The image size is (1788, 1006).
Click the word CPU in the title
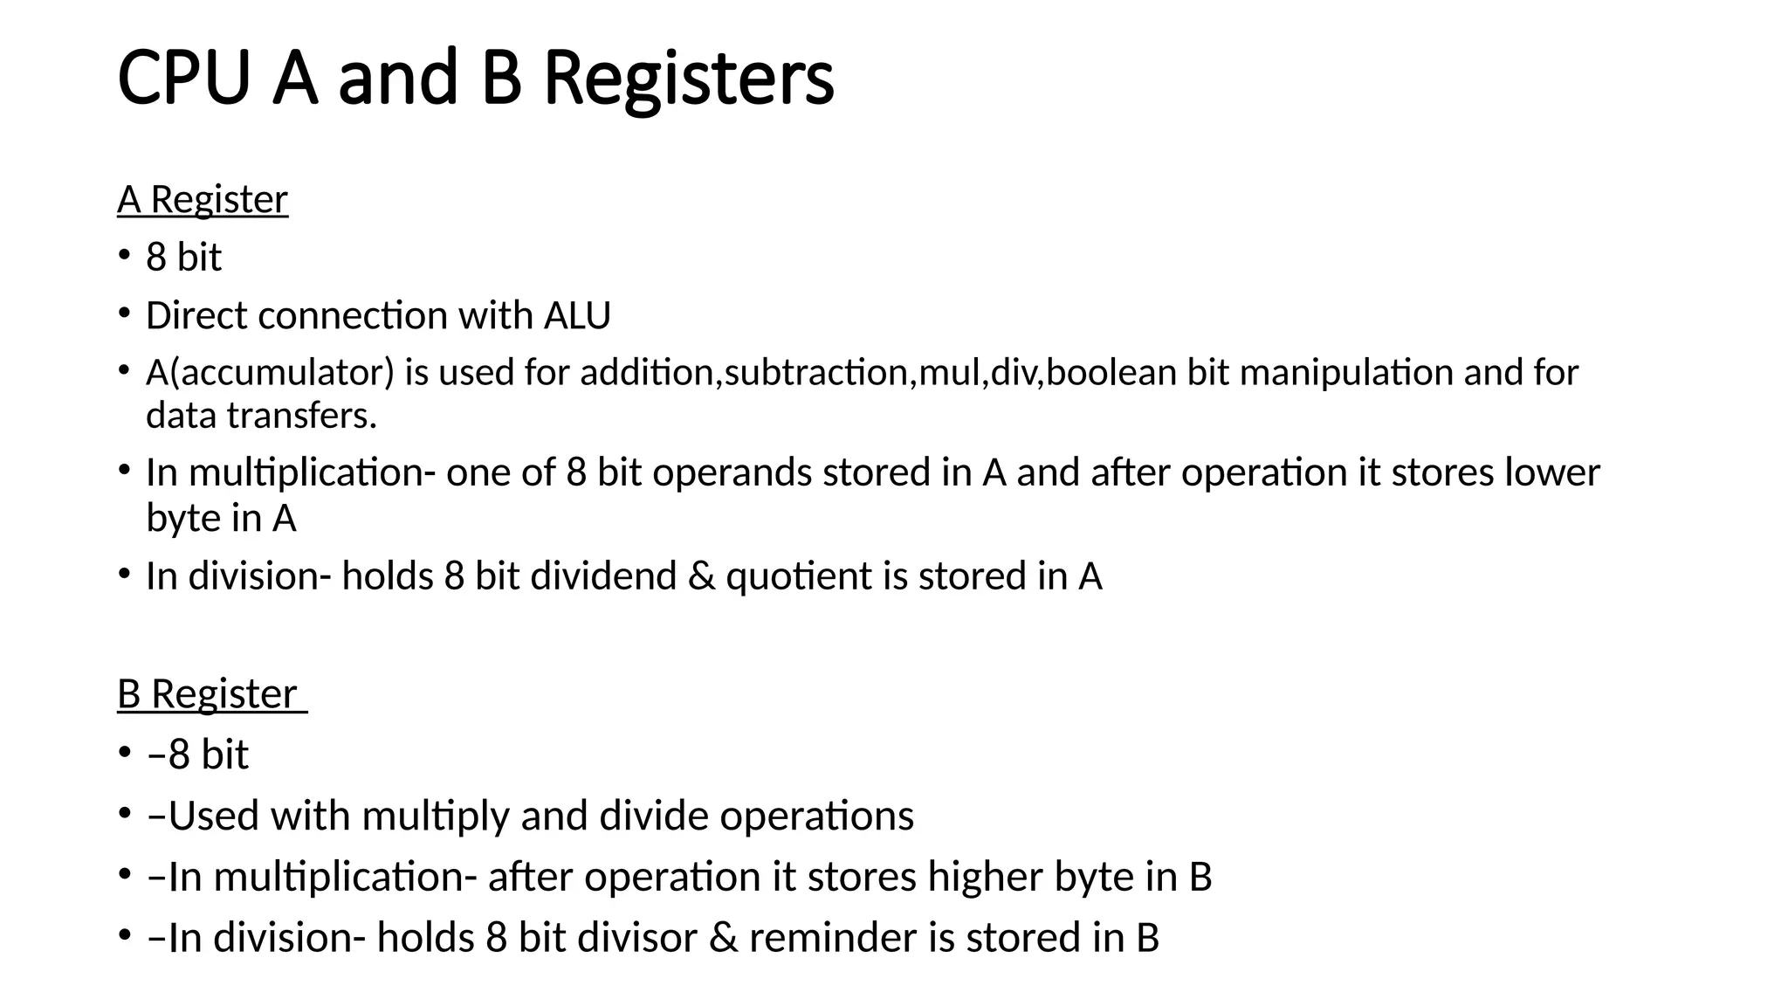pyautogui.click(x=183, y=79)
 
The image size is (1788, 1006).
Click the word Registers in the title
pyautogui.click(x=688, y=79)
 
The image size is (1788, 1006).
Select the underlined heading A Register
pyautogui.click(x=203, y=200)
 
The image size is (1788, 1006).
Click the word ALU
pyautogui.click(x=577, y=315)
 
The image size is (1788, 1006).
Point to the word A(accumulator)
pyautogui.click(x=271, y=373)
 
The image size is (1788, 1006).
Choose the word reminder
pyautogui.click(x=833, y=938)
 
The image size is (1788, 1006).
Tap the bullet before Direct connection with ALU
pyautogui.click(x=124, y=314)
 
